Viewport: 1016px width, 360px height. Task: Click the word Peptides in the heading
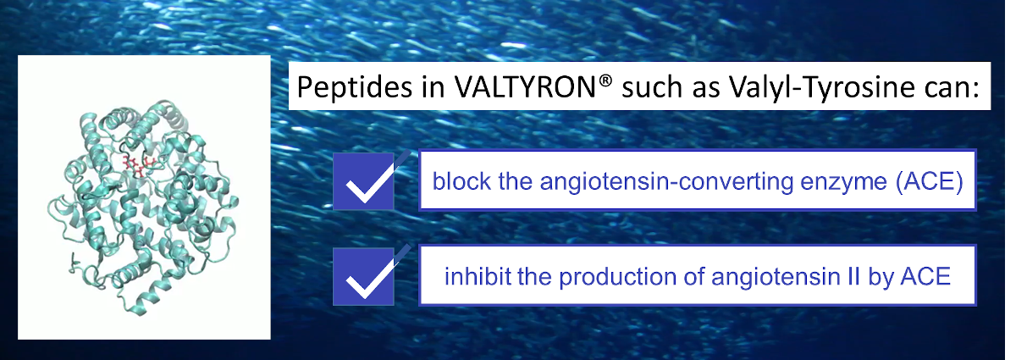pyautogui.click(x=355, y=87)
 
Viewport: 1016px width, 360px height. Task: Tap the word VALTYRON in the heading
pyautogui.click(x=525, y=86)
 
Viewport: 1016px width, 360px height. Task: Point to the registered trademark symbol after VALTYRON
pyautogui.click(x=605, y=80)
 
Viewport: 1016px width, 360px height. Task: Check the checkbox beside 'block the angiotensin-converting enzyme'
pyautogui.click(x=364, y=181)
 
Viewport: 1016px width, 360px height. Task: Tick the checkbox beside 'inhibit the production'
pyautogui.click(x=364, y=276)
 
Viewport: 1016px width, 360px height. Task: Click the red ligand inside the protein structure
pyautogui.click(x=138, y=165)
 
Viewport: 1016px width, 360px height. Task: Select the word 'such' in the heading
pyautogui.click(x=652, y=87)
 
